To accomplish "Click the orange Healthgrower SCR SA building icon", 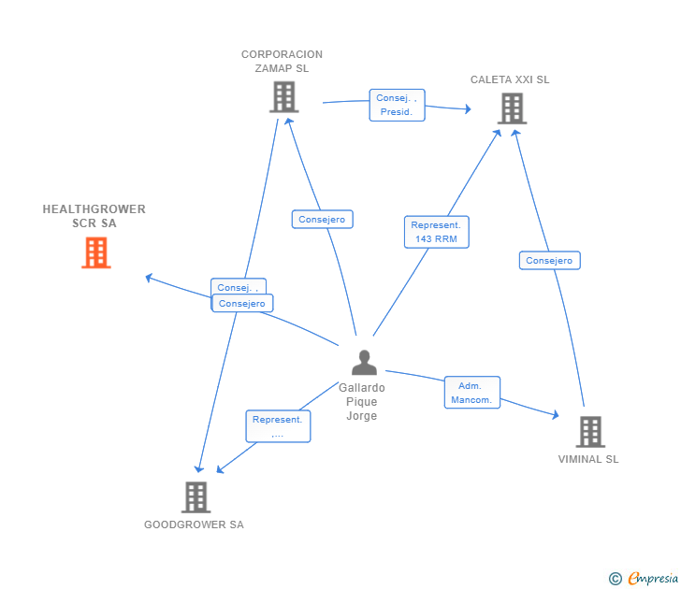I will pyautogui.click(x=95, y=252).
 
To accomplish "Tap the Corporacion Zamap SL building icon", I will pyautogui.click(x=283, y=96).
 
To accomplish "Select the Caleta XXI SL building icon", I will pyautogui.click(x=511, y=108).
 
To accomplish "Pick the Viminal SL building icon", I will pyautogui.click(x=589, y=431).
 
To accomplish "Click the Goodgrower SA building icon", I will pyautogui.click(x=195, y=496).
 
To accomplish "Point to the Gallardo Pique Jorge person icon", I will pyautogui.click(x=363, y=363).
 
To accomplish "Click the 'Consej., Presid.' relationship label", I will pyautogui.click(x=397, y=105).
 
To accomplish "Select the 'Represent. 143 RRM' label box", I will pyautogui.click(x=436, y=232).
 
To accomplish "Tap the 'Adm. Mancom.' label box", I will pyautogui.click(x=471, y=393).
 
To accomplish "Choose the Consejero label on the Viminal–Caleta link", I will pyautogui.click(x=549, y=261).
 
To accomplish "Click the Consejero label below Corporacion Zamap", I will pyautogui.click(x=322, y=220).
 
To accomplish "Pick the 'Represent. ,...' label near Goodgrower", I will pyautogui.click(x=278, y=426).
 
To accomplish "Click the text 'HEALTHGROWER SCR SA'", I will pyautogui.click(x=94, y=216).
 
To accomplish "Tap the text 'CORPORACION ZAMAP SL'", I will pyautogui.click(x=282, y=61).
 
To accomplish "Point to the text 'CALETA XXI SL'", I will pyautogui.click(x=510, y=79).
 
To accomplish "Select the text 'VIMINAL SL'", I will pyautogui.click(x=588, y=459).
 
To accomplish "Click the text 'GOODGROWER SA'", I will pyautogui.click(x=194, y=524).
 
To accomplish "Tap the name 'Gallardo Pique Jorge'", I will pyautogui.click(x=362, y=402).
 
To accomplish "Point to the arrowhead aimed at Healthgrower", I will pyautogui.click(x=149, y=277).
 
